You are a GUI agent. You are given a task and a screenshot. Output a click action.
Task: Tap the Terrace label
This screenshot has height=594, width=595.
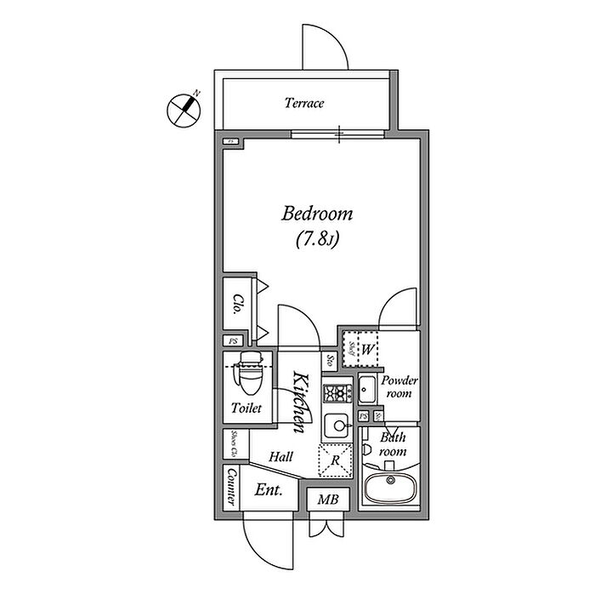click(303, 104)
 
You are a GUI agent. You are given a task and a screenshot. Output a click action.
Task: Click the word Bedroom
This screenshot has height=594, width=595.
click(317, 214)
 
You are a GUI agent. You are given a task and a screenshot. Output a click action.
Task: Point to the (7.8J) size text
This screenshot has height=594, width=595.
click(318, 239)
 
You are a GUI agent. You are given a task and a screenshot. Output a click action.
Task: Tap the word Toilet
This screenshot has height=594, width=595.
click(246, 408)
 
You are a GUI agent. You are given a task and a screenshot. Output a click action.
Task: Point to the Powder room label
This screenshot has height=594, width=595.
click(397, 387)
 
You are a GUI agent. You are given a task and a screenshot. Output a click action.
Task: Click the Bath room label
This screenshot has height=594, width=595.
click(394, 444)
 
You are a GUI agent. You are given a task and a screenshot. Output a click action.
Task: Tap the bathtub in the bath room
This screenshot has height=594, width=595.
click(390, 488)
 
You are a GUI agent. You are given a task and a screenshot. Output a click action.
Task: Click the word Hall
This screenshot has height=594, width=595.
click(280, 457)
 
